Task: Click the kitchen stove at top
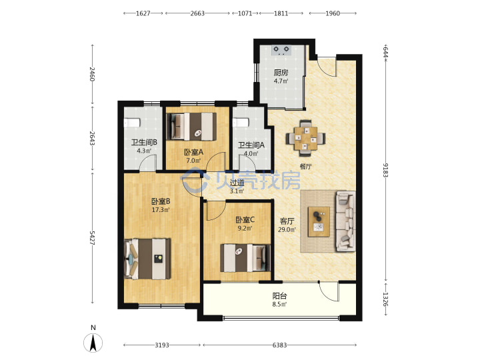click(x=281, y=49)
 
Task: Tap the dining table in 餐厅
click(x=305, y=138)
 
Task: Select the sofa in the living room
click(x=346, y=221)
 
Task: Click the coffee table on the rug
click(x=319, y=221)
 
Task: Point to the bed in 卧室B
click(x=147, y=259)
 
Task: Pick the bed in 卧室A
click(x=191, y=127)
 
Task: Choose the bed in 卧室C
click(x=245, y=258)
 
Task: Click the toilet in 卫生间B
click(x=132, y=123)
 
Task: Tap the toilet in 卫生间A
click(x=241, y=123)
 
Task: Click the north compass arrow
click(x=93, y=343)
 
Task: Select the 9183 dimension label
click(x=385, y=170)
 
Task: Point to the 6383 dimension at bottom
click(x=279, y=345)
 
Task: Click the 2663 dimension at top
click(x=197, y=13)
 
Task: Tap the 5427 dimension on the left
click(x=92, y=237)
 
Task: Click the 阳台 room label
click(x=279, y=296)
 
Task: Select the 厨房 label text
click(x=281, y=73)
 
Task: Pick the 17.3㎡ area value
click(x=161, y=210)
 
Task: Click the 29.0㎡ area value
click(x=287, y=229)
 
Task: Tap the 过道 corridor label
click(x=237, y=183)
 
